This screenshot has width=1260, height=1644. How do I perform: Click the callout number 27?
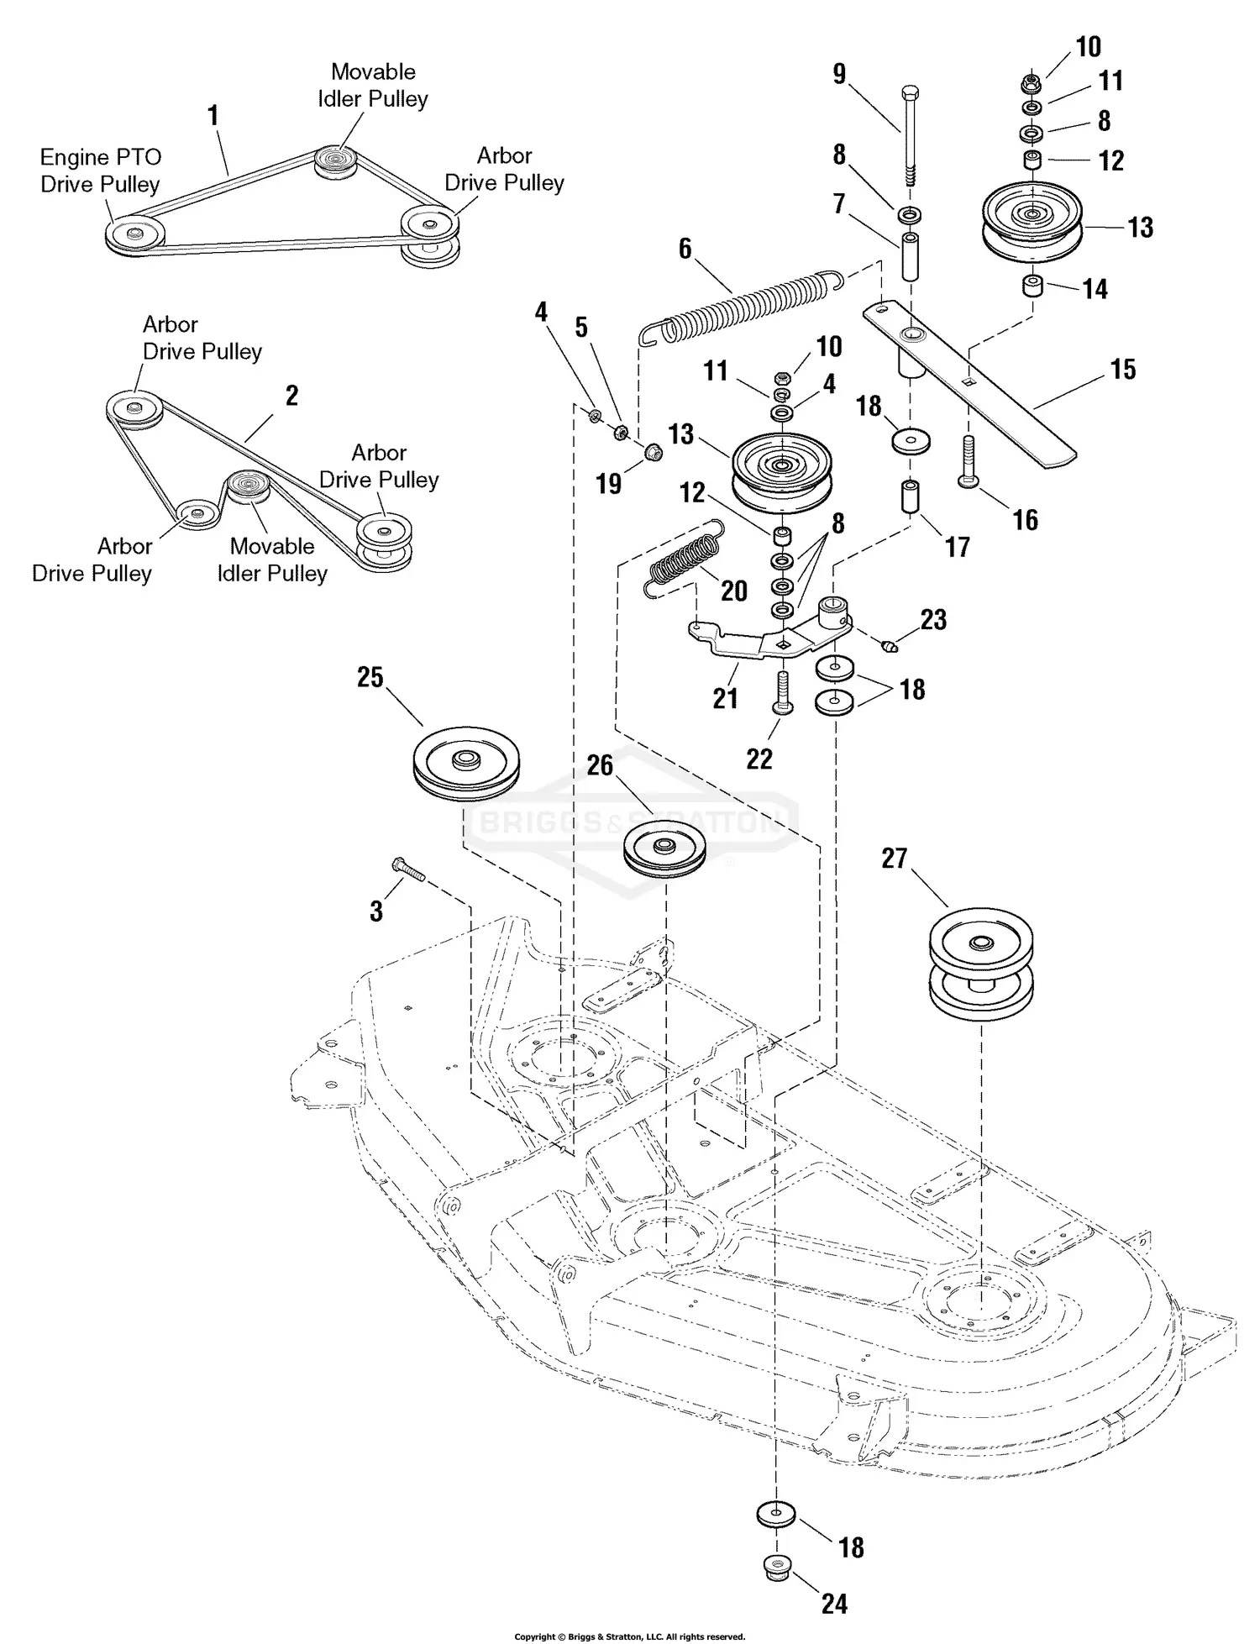[895, 859]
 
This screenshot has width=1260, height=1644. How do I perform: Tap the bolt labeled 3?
[408, 870]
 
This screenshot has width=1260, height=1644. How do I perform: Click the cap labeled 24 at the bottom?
[776, 1566]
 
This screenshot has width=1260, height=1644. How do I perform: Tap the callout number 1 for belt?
[213, 115]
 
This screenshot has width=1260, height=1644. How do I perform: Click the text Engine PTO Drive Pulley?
[100, 171]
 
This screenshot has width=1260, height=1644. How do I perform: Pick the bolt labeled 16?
[969, 460]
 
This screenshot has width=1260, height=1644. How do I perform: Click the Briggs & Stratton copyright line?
[629, 1636]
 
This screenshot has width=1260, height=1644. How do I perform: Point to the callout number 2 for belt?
[291, 396]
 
